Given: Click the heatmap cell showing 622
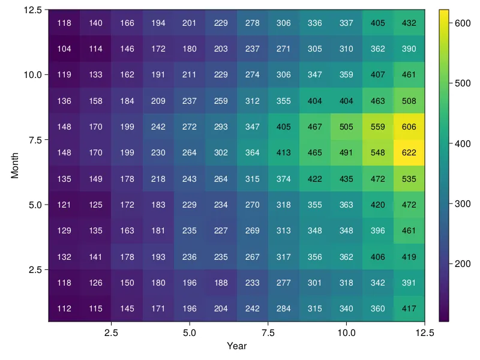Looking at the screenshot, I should (x=409, y=152).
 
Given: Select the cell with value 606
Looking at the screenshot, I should (x=409, y=127).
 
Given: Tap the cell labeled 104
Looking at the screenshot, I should (x=64, y=49).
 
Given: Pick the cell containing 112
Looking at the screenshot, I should (x=64, y=308).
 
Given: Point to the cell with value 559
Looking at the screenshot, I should (x=378, y=127).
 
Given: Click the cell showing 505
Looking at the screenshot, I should (x=346, y=127).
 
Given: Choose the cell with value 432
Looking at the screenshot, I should (x=409, y=23).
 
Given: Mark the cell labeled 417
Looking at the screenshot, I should (x=409, y=308).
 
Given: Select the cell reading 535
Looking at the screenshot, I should (x=409, y=179).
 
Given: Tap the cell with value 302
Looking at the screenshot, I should (x=221, y=152).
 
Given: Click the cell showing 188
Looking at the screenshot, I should (x=221, y=283).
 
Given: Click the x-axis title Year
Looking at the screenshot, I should (x=236, y=346).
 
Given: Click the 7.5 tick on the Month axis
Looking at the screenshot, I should (x=34, y=140).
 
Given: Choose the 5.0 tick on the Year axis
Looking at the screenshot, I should (x=190, y=332).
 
